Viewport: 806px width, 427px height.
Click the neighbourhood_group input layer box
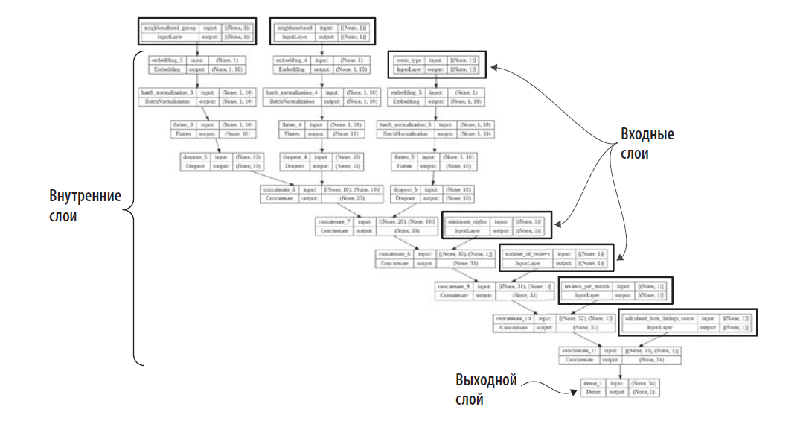pos(196,31)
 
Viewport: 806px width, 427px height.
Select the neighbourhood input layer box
pos(322,31)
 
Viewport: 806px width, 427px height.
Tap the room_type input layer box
pos(436,64)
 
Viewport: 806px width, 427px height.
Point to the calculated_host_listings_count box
pos(682,323)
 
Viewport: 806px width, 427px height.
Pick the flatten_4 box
pos(322,129)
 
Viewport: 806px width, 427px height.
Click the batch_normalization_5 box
pos(436,129)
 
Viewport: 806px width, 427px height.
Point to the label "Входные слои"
pos(647,144)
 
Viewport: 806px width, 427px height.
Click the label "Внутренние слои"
pos(84,206)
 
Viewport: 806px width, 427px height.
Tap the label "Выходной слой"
pos(485,390)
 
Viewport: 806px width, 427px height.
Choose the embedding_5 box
pos(436,97)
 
